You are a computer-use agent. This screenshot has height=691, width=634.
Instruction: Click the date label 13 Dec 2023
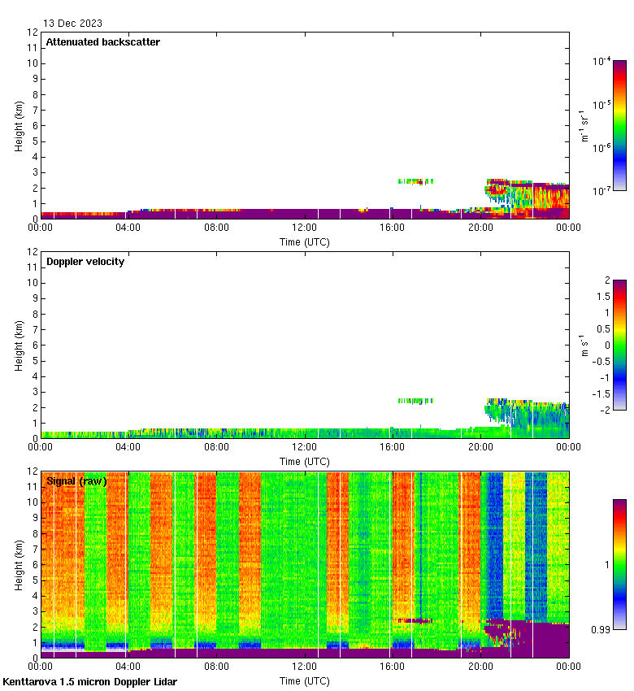(72, 24)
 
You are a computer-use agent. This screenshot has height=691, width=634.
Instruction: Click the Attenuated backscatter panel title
(103, 42)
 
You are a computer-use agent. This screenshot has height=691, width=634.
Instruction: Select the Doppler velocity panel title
(85, 262)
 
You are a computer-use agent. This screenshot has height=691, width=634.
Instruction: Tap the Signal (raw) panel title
(76, 481)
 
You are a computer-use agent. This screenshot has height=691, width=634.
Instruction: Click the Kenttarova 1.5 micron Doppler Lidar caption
(89, 682)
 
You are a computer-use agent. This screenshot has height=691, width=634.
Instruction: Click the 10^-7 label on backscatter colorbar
(601, 191)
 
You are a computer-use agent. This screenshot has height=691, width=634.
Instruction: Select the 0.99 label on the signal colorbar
(602, 629)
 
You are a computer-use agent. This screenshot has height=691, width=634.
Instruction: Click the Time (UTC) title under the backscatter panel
(305, 242)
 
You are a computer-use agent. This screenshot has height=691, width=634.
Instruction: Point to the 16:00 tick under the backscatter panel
(393, 228)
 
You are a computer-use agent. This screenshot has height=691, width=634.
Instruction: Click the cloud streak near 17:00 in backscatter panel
(415, 181)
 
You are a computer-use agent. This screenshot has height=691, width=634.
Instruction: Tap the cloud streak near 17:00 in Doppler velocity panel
(415, 401)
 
